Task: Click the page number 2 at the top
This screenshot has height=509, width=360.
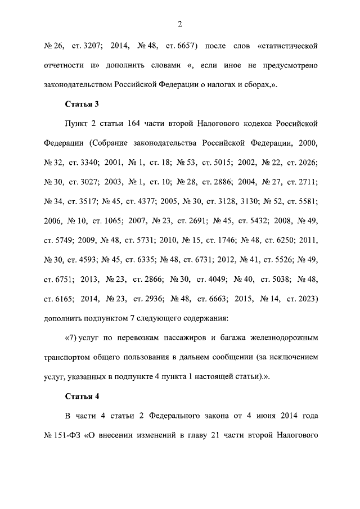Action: (x=179, y=23)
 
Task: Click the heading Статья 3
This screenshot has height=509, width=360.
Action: (x=82, y=104)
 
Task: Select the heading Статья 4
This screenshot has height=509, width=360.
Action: (x=82, y=395)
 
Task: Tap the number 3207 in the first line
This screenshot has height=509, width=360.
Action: (x=93, y=44)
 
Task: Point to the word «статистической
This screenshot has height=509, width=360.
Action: (x=287, y=44)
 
